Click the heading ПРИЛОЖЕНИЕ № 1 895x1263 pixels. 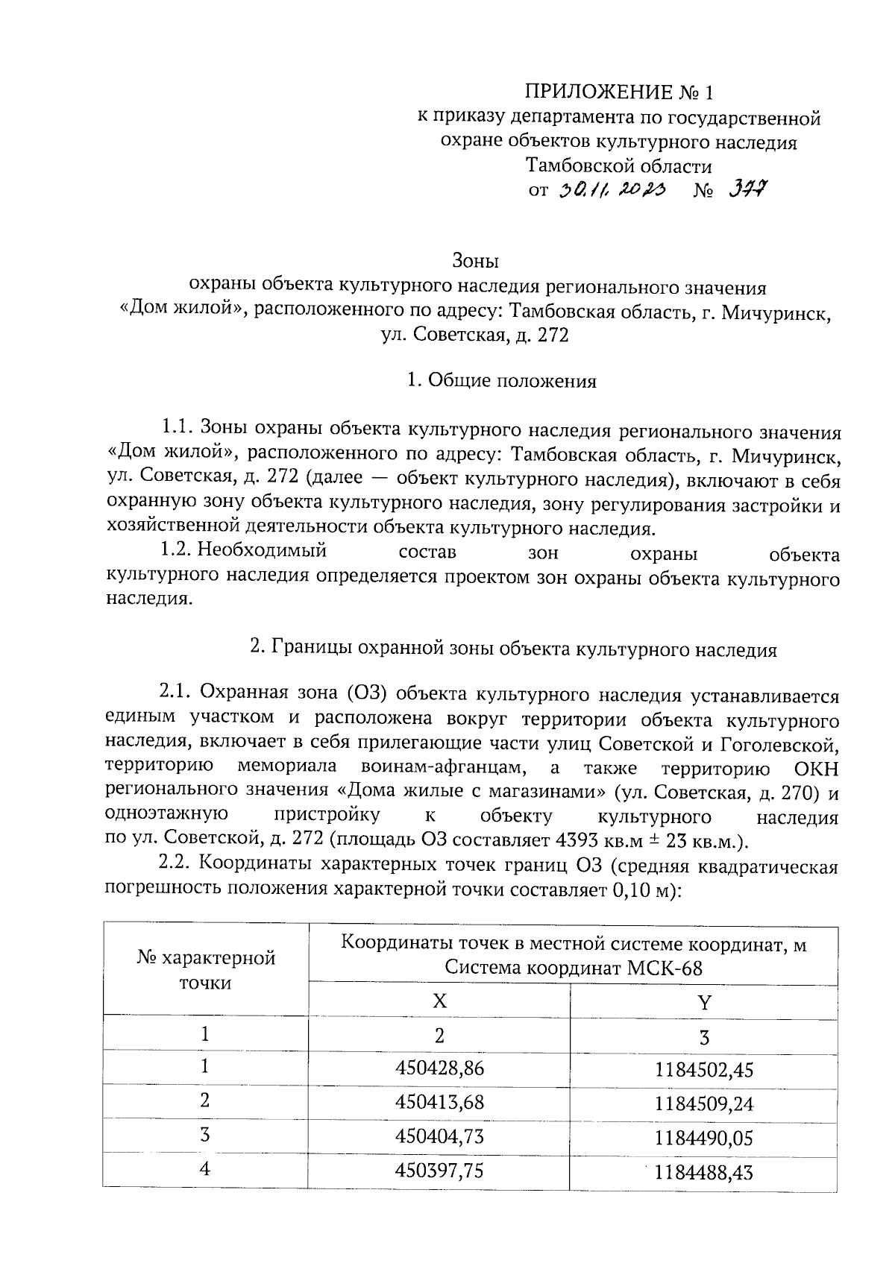618,92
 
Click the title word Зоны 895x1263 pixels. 475,262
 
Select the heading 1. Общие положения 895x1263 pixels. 501,381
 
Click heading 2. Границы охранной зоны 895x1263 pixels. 513,649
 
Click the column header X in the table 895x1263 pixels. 440,1001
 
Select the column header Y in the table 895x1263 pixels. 704,1001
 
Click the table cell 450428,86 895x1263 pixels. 439,1068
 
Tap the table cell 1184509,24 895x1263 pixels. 704,1103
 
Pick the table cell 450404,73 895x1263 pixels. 439,1136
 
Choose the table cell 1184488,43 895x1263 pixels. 704,1172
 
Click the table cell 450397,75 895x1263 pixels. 439,1171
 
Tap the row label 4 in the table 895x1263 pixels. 205,1169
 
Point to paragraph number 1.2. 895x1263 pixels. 178,550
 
